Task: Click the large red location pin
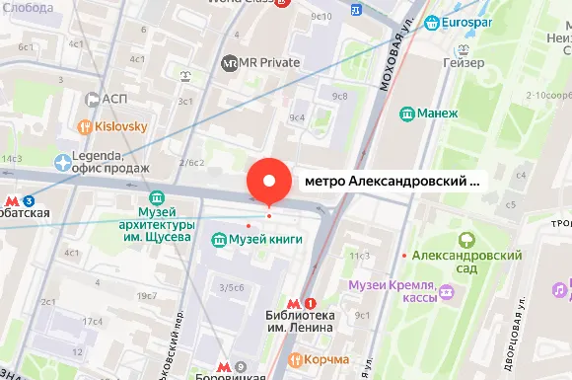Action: pos(270,182)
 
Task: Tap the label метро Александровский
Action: pos(391,182)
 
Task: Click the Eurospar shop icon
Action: pos(432,22)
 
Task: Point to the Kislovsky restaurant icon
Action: pos(86,127)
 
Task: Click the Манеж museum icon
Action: pos(406,114)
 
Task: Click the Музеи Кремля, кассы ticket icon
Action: pos(447,292)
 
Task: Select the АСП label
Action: pos(114,99)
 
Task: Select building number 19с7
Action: pos(147,296)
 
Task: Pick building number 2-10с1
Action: pos(549,95)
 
